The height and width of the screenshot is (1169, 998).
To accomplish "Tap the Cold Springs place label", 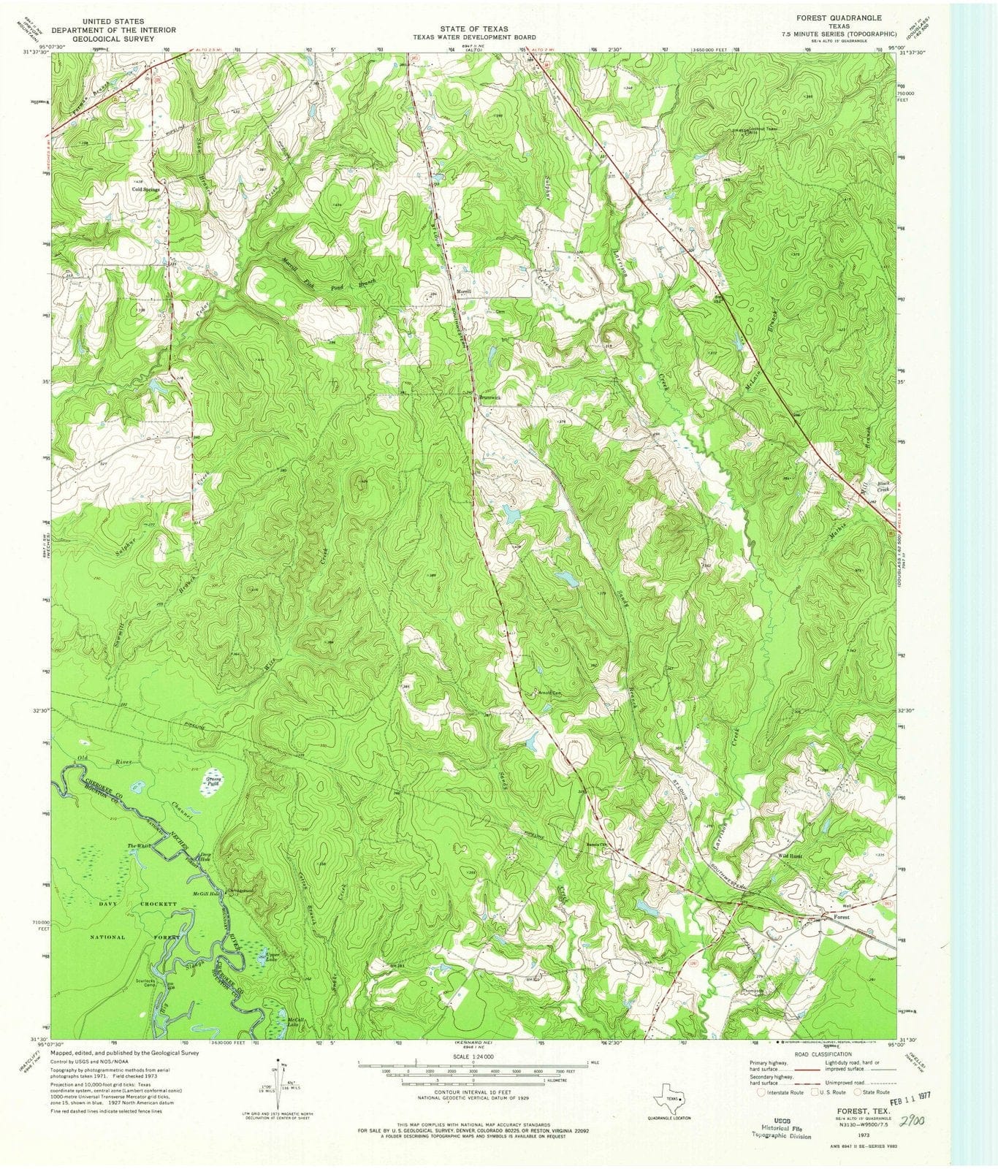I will point(146,189).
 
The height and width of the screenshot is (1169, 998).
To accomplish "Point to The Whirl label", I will point(139,845).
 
